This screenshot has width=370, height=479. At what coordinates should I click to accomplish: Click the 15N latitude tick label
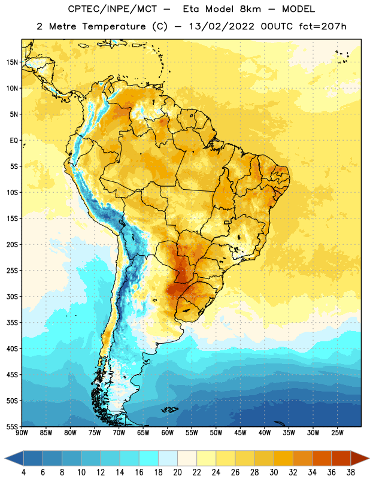pyautogui.click(x=12, y=62)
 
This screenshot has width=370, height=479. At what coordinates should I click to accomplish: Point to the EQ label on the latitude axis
pyautogui.click(x=14, y=141)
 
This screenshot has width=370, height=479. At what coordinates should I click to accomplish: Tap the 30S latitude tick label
pyautogui.click(x=12, y=296)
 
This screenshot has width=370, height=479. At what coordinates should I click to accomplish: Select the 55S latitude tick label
pyautogui.click(x=12, y=427)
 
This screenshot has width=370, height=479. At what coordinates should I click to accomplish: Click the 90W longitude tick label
pyautogui.click(x=22, y=433)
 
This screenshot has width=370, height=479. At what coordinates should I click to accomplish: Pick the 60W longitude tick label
pyautogui.click(x=168, y=433)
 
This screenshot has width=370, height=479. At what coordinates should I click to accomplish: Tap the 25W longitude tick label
pyautogui.click(x=337, y=433)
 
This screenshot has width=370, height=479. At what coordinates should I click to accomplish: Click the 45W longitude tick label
pyautogui.click(x=240, y=433)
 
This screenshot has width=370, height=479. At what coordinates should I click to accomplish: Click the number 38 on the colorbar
pyautogui.click(x=351, y=472)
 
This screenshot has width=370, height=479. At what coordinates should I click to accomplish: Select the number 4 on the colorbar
pyautogui.click(x=23, y=472)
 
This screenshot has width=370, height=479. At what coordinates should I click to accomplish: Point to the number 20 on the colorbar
pyautogui.click(x=177, y=472)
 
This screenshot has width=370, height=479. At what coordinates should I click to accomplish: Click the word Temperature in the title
pyautogui.click(x=114, y=26)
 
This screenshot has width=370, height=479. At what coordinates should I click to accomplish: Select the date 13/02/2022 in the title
pyautogui.click(x=222, y=26)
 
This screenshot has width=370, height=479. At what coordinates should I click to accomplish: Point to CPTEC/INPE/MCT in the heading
pyautogui.click(x=112, y=9)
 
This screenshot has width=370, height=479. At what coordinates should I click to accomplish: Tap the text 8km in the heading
pyautogui.click(x=250, y=9)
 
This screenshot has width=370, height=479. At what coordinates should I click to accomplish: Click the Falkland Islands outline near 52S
pyautogui.click(x=170, y=410)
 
